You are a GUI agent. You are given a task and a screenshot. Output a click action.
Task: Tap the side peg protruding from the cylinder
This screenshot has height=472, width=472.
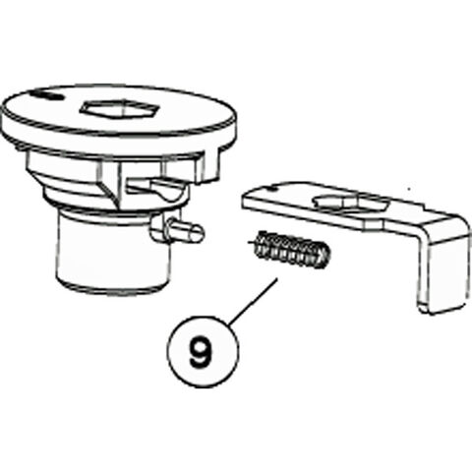point(177,231)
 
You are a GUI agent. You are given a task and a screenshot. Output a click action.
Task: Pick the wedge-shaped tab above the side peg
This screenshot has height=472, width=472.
point(157,186)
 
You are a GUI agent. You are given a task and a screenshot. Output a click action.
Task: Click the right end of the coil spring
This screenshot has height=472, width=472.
point(324,257)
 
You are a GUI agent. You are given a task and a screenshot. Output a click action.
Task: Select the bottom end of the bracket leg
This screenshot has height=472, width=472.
point(439,310)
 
